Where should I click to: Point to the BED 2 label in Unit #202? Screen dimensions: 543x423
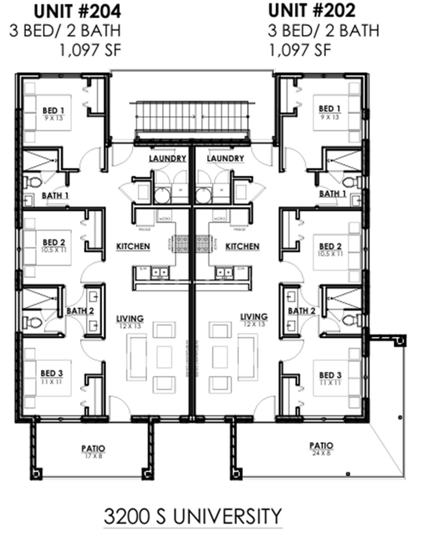[x=330, y=246]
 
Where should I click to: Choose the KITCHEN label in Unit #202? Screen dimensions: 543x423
[x=242, y=246]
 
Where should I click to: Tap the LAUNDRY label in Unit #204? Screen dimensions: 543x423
[x=167, y=159]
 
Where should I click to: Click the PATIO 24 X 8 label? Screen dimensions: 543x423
[x=318, y=445]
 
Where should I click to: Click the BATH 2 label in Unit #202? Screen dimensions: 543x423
[x=301, y=311]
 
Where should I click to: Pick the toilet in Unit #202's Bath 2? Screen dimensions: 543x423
[x=348, y=319]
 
